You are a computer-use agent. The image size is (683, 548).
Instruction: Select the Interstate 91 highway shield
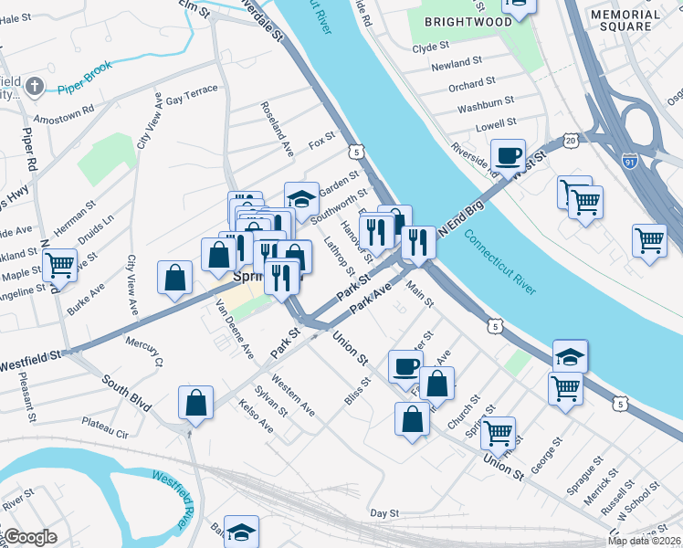pos(629,160)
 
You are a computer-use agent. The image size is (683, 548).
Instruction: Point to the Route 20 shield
pos(571,141)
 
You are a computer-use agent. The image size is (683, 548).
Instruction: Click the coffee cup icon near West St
pos(508,155)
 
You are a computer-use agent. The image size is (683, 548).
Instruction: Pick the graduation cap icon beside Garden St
pos(301,199)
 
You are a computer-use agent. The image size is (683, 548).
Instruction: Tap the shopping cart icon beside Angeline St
pos(60,266)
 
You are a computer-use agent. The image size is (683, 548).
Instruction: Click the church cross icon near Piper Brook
pos(35,88)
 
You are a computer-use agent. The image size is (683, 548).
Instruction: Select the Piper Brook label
pos(84,90)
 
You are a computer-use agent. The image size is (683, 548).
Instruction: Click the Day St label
pos(385,514)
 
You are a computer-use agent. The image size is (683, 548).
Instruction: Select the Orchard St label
pos(471,85)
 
